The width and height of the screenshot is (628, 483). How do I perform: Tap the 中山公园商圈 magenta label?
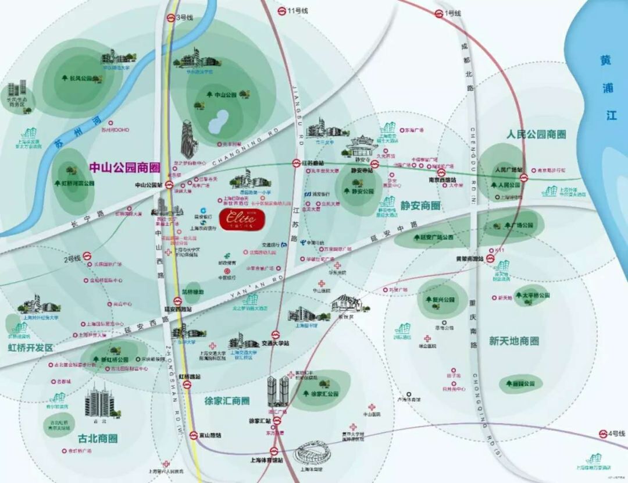tap(124, 168)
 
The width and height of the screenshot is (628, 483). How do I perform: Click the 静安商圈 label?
tap(420, 205)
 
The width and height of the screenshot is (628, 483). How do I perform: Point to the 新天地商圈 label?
tap(513, 340)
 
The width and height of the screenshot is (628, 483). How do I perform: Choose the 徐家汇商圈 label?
tap(227, 401)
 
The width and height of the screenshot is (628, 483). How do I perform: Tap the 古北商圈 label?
tap(98, 438)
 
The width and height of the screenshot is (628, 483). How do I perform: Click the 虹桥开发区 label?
tap(30, 347)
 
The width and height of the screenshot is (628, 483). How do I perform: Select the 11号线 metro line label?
tap(298, 11)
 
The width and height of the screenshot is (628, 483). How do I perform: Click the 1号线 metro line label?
tap(452, 13)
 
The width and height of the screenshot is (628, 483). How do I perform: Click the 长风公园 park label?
tap(81, 78)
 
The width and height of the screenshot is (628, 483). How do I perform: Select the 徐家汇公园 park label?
tap(325, 394)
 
